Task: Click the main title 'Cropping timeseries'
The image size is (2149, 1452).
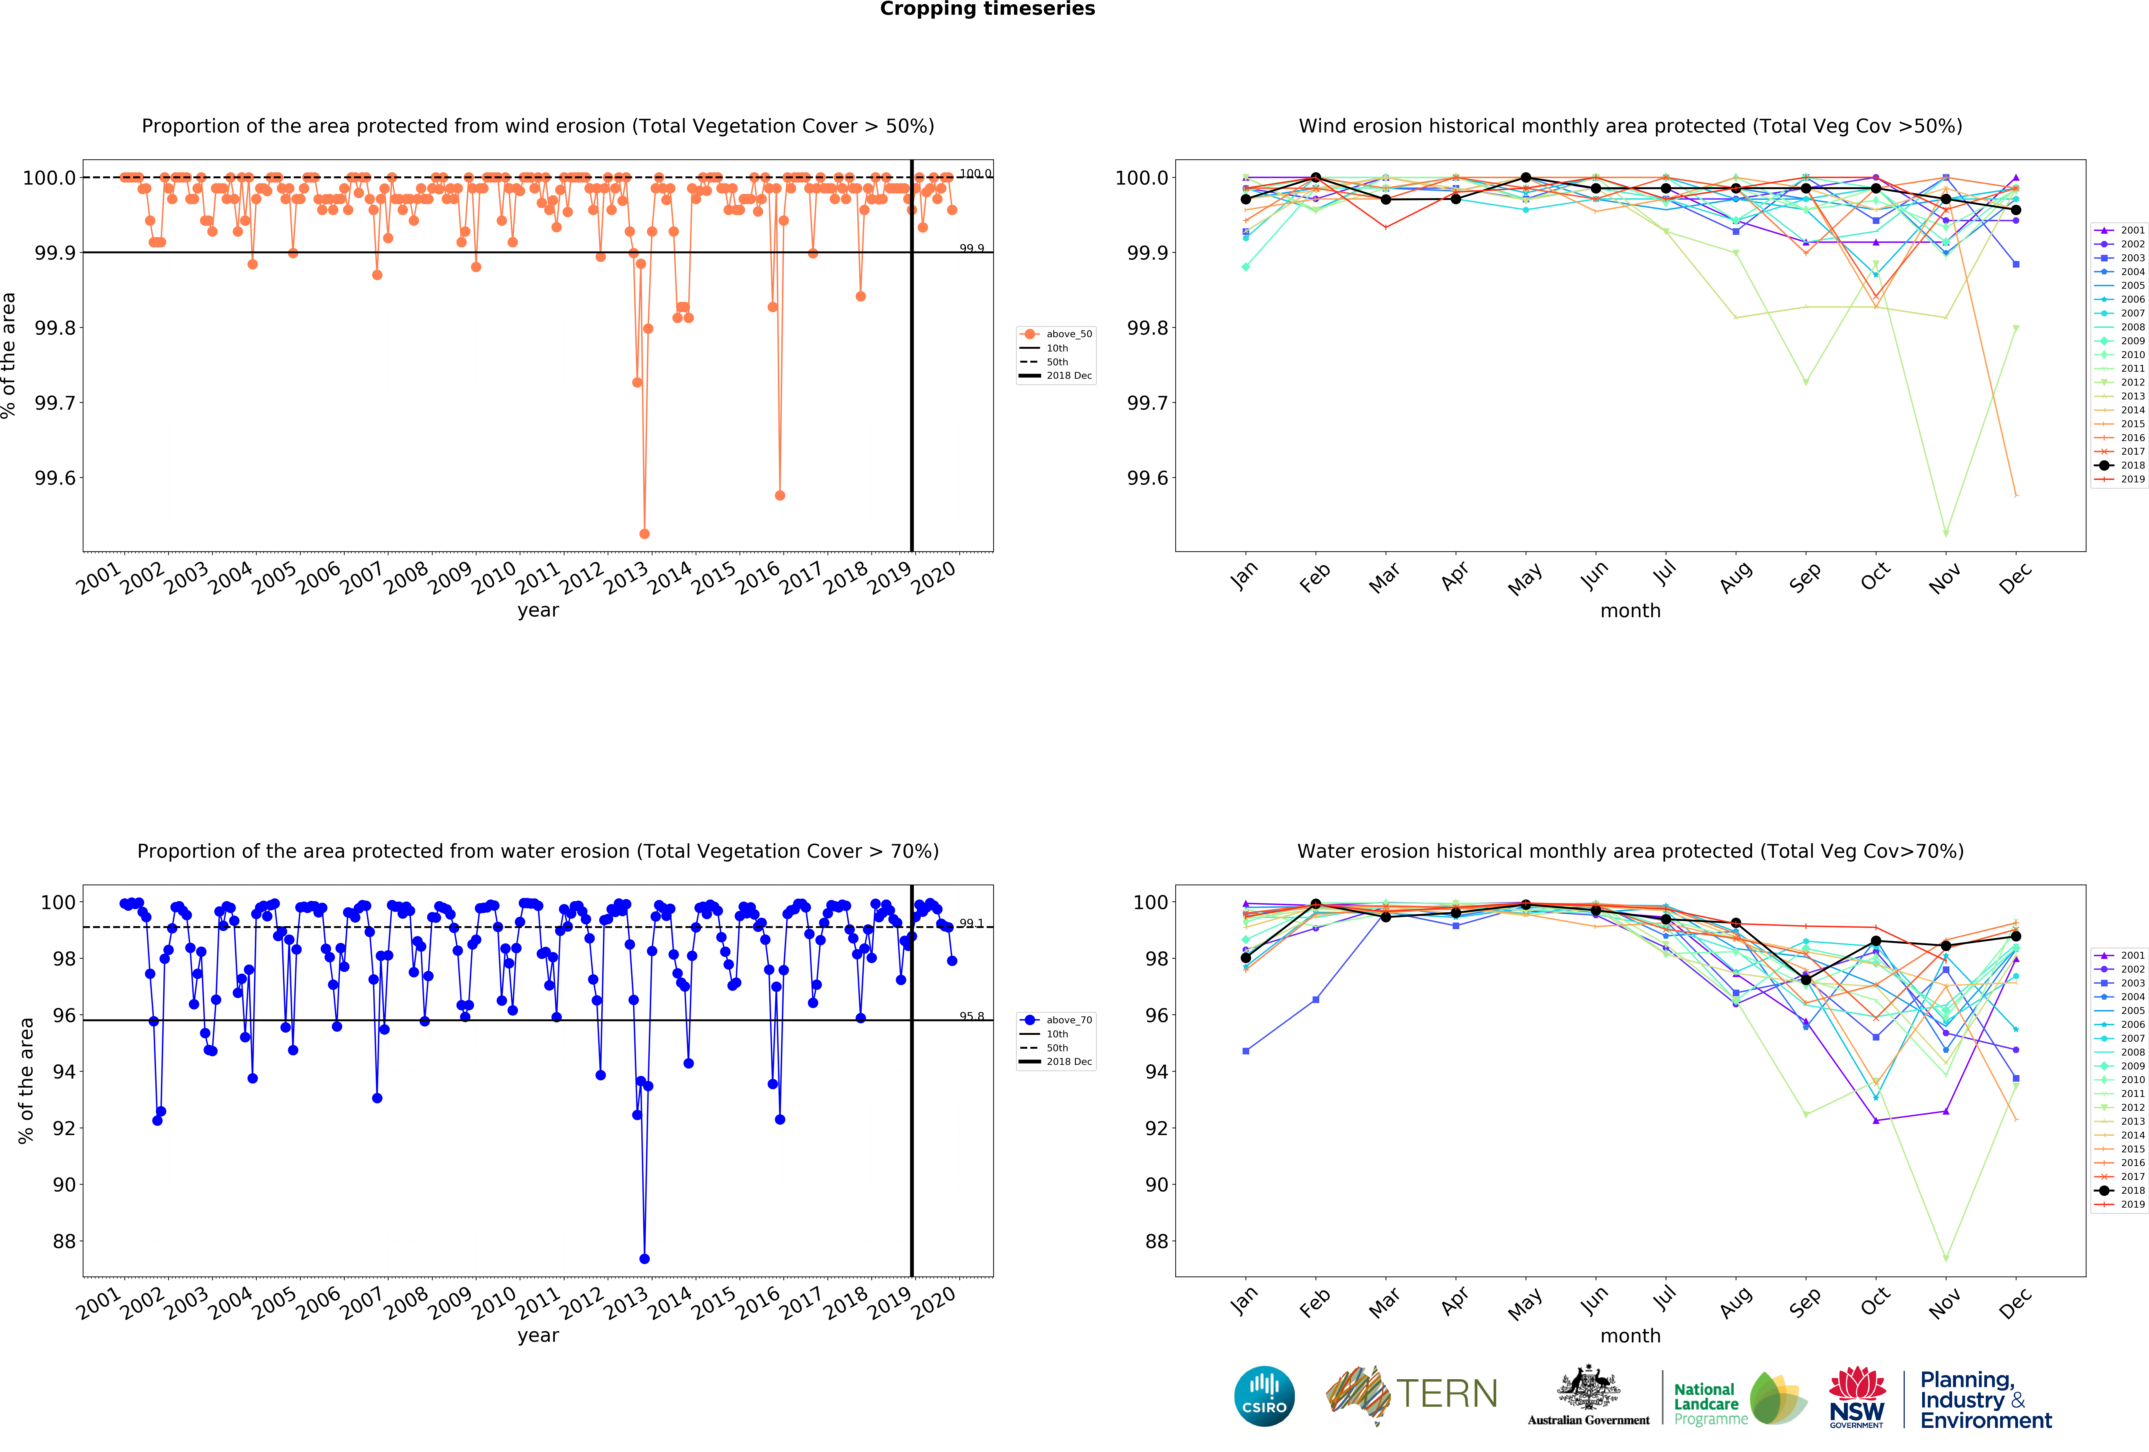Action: pos(987,9)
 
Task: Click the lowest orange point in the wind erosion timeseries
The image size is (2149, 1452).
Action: pos(644,534)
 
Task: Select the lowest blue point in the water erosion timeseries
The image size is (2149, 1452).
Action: pos(644,1259)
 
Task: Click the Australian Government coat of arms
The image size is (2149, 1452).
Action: pos(1588,1387)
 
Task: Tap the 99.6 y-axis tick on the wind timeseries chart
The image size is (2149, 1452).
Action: pos(55,478)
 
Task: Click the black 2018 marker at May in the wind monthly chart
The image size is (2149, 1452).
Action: pos(1526,178)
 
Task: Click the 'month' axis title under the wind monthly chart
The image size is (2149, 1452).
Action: pos(1630,610)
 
